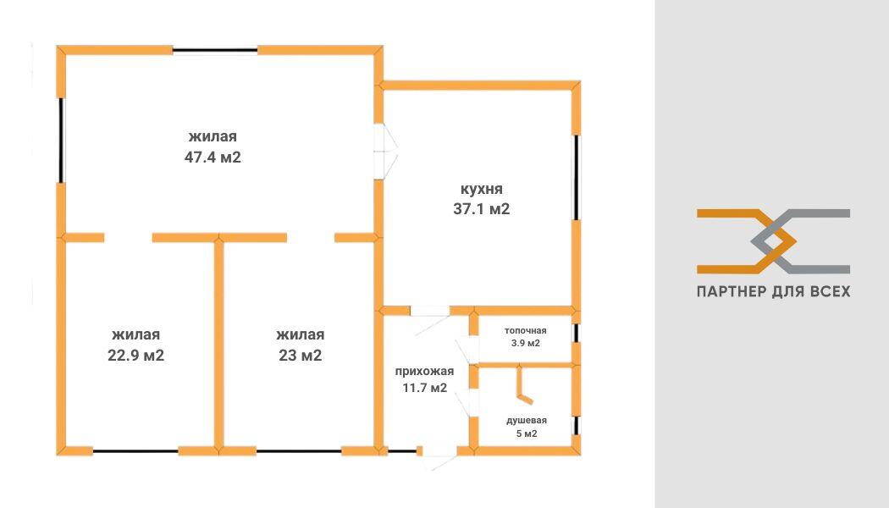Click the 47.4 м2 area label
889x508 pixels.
[x=213, y=157]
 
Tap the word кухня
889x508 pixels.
[x=482, y=189]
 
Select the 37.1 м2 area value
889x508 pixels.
[x=482, y=209]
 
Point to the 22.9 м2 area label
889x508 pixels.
[x=136, y=356]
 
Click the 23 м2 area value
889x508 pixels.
[x=301, y=356]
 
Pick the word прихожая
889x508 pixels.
[x=425, y=372]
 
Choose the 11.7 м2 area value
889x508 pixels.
[x=425, y=388]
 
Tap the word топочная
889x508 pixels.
[x=526, y=330]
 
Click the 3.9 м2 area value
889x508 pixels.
[x=526, y=343]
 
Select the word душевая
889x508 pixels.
[x=527, y=421]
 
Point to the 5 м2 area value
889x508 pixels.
[x=527, y=433]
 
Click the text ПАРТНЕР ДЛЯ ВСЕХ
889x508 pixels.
[x=773, y=291]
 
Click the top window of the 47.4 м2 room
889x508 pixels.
[x=215, y=51]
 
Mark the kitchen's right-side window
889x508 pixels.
[x=577, y=177]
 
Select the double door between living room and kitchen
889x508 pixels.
[x=385, y=151]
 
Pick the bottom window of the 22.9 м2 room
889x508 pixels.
[x=135, y=451]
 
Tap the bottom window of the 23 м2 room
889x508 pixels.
[x=299, y=451]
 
